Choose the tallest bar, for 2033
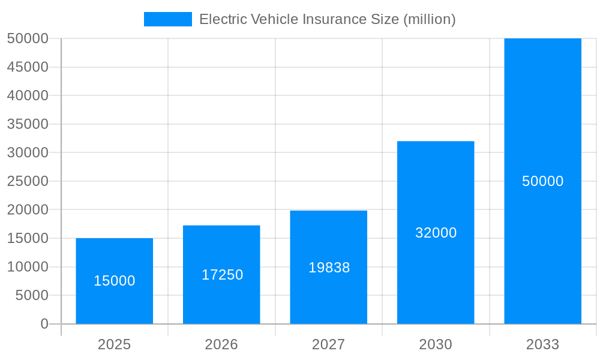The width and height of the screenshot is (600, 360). [x=542, y=120]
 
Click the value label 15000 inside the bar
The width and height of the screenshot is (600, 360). [x=114, y=281]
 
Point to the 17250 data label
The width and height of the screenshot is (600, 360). [x=222, y=275]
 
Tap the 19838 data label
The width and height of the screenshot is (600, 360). [x=329, y=268]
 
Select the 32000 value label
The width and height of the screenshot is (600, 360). [x=436, y=233]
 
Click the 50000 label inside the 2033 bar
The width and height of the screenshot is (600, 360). [x=542, y=181]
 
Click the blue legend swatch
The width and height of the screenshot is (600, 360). [x=167, y=19]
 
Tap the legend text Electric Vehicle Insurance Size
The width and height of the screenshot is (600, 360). [x=327, y=19]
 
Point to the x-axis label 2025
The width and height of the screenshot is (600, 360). [x=114, y=344]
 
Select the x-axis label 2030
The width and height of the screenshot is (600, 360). [x=436, y=344]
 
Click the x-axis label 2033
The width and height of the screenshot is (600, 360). [x=542, y=344]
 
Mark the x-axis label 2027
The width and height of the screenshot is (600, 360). [x=328, y=344]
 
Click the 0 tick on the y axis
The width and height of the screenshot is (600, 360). [x=44, y=324]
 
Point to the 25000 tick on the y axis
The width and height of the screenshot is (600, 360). [x=28, y=181]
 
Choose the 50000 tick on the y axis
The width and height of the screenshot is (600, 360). [x=28, y=38]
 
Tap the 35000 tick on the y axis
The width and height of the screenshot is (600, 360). [x=28, y=124]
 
